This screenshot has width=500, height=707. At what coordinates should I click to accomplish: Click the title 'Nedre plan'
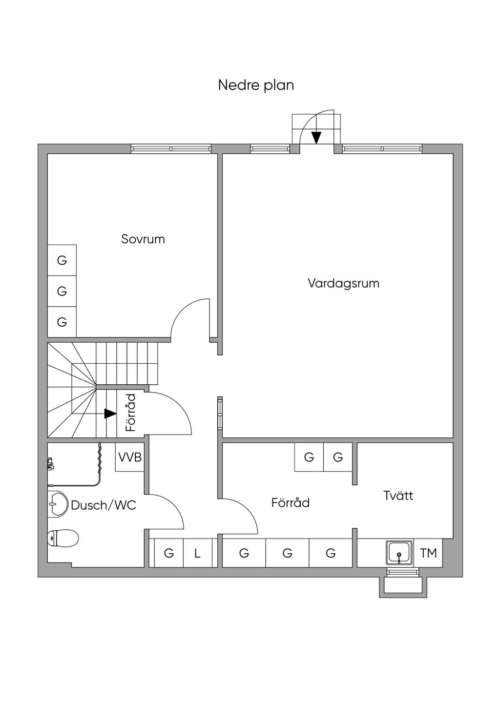256,85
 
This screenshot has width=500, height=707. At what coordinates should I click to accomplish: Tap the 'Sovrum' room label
143,239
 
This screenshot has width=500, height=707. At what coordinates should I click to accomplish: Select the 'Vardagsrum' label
343,283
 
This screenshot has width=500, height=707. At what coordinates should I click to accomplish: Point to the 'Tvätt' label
398,496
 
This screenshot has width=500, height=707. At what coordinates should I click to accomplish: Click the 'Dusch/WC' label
104,505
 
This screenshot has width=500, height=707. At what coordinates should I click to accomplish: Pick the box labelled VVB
130,457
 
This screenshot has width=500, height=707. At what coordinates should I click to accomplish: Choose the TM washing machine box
428,553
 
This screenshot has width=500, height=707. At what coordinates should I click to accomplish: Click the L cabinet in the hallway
198,553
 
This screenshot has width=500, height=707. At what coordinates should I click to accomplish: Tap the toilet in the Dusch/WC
63,539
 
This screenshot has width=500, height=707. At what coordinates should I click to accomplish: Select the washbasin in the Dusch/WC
57,503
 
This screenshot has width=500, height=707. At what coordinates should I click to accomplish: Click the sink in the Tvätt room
399,553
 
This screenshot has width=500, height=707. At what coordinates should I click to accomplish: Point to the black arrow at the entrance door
316,138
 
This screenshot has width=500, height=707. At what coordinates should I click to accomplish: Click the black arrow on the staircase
110,414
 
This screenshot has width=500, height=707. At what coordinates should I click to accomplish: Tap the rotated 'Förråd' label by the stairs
130,413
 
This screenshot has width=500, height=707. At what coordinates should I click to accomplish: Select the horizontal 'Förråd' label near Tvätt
291,502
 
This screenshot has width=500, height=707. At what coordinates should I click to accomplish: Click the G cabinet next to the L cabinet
169,553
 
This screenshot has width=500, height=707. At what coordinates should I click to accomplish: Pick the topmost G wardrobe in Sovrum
62,260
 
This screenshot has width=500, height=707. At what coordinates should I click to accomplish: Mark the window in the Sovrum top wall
171,149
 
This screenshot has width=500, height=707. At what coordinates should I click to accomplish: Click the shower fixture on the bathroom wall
50,463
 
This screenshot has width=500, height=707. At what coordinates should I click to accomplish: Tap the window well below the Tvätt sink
403,585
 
